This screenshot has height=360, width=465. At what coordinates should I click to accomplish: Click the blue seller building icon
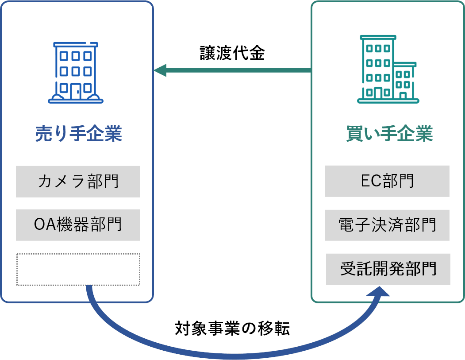point(76,73)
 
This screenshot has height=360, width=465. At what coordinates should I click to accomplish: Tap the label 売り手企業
point(78,133)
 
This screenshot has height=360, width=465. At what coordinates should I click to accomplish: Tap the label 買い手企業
point(389,133)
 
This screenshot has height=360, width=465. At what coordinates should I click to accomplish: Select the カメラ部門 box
point(78,182)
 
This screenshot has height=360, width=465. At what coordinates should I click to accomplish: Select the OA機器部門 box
point(78,225)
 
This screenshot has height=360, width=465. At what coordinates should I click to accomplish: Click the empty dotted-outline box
point(78,269)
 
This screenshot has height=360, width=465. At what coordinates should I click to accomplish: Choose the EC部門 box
point(387,181)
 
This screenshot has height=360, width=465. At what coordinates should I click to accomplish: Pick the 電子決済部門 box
point(387,225)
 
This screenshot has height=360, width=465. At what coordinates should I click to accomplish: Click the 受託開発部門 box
point(388,269)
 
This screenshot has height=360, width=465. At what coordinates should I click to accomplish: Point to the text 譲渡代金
point(232,54)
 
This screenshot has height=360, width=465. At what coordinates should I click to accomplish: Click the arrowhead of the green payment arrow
point(160,70)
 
